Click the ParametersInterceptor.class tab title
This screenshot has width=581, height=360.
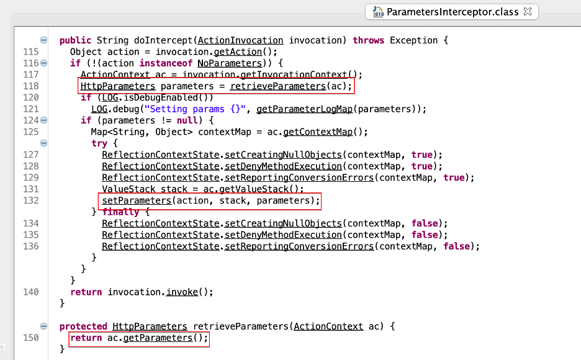click(453, 12)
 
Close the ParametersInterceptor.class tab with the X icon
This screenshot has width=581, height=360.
click(528, 11)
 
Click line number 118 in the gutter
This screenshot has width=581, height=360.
click(31, 86)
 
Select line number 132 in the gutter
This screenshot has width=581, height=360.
click(31, 200)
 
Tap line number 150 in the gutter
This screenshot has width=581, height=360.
click(31, 338)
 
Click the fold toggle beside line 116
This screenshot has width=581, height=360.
click(43, 63)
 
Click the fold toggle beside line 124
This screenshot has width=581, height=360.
click(43, 120)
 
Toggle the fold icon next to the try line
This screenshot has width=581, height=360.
click(43, 143)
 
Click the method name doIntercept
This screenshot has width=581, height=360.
click(163, 40)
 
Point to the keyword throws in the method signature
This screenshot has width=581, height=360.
click(368, 40)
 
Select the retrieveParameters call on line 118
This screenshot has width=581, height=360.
click(278, 86)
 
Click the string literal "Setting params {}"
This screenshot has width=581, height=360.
click(195, 109)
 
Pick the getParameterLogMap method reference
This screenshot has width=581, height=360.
click(304, 109)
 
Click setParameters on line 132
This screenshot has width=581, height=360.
click(137, 200)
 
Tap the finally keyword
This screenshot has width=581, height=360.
click(120, 212)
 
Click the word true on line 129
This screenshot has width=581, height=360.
click(454, 178)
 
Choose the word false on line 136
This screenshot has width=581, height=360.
click(456, 246)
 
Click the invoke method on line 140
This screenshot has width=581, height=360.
click(182, 292)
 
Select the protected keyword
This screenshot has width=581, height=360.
click(83, 326)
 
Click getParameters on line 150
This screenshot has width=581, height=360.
click(158, 338)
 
